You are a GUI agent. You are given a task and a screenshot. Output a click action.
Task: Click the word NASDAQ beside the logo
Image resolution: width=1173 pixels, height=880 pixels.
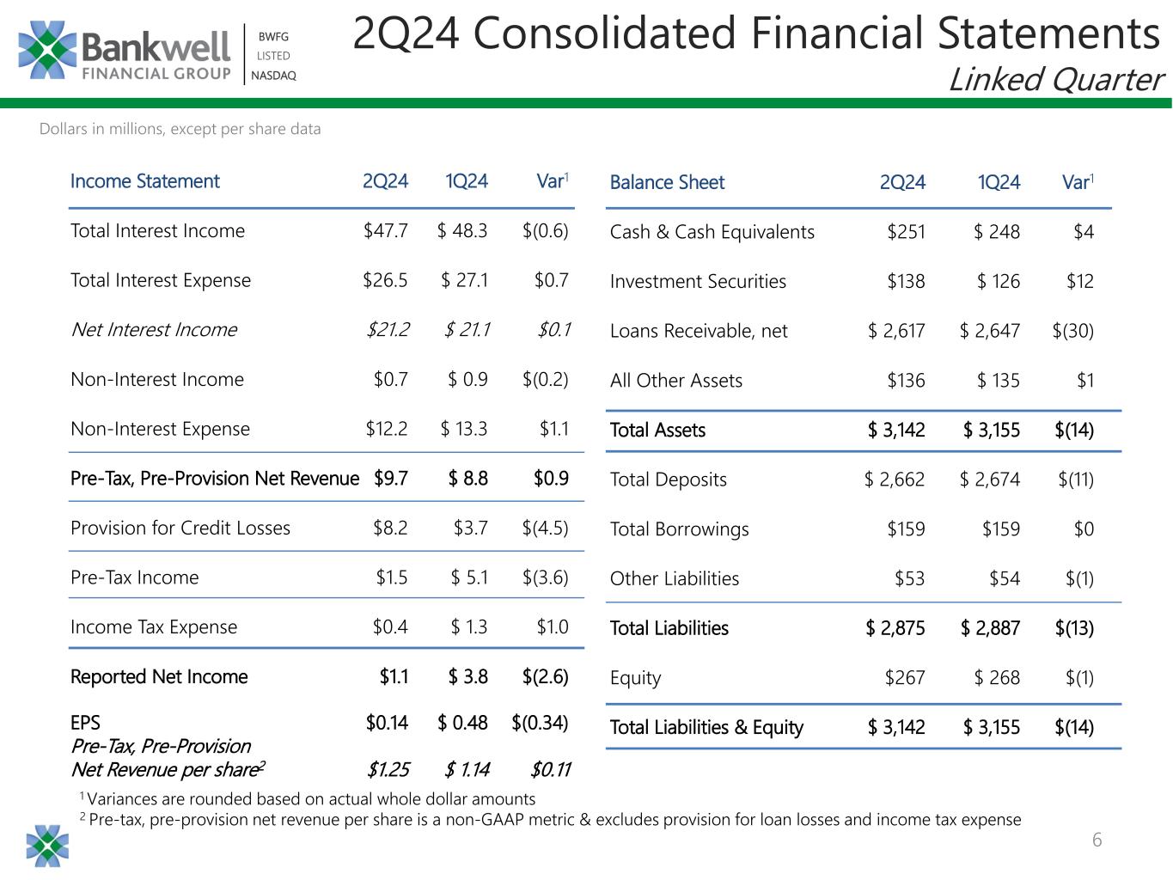click(x=273, y=76)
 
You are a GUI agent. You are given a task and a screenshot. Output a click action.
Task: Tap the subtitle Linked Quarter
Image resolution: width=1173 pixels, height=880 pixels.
click(x=1055, y=80)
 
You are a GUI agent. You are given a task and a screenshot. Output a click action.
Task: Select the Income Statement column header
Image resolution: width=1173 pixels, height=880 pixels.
click(x=144, y=181)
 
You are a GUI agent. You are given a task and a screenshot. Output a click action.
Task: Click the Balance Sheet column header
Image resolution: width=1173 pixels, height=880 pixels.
click(x=667, y=182)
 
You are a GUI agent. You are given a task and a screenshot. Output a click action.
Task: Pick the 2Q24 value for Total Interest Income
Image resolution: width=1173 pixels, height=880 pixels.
click(x=386, y=231)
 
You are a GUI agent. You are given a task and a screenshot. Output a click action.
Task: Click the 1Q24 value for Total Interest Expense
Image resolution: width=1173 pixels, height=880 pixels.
click(x=464, y=280)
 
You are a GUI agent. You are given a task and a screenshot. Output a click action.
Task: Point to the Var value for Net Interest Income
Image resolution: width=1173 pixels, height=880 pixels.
click(x=554, y=330)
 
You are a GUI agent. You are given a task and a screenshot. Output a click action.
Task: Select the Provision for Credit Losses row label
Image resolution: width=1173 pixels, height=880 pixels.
click(x=180, y=528)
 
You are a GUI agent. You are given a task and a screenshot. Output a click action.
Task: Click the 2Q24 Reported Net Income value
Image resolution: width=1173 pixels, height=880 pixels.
click(x=394, y=677)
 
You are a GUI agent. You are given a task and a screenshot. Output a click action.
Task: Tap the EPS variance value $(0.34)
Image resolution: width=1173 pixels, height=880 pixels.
click(x=540, y=723)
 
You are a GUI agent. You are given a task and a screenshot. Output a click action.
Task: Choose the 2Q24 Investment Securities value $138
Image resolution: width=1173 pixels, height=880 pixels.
click(x=906, y=281)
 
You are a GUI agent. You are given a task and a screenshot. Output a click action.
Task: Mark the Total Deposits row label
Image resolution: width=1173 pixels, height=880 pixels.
click(x=668, y=480)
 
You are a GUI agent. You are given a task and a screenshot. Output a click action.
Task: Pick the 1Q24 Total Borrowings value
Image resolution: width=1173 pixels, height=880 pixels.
click(x=1000, y=529)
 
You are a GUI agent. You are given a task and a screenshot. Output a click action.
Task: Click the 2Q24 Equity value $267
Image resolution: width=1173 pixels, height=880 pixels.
click(x=905, y=678)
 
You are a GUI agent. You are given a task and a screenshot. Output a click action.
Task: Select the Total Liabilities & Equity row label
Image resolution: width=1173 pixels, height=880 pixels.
click(x=706, y=728)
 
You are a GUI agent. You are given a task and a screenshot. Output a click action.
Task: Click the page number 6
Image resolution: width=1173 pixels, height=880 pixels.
click(x=1097, y=840)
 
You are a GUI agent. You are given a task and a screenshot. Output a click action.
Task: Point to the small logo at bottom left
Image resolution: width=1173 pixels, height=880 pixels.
click(x=47, y=846)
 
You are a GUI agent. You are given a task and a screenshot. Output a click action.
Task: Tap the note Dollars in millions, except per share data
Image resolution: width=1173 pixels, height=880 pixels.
click(x=180, y=130)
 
